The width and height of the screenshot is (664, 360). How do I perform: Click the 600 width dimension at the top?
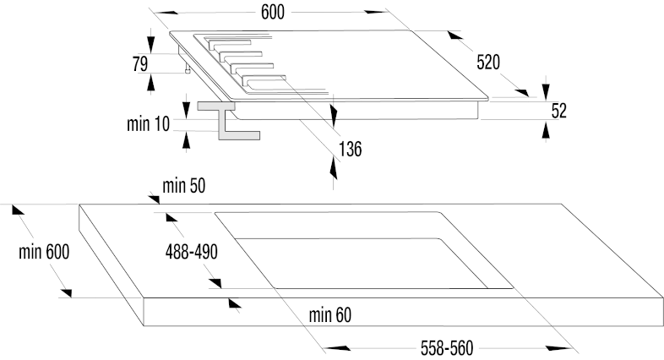click(x=273, y=12)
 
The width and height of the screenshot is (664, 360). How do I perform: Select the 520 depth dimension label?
click(x=488, y=62)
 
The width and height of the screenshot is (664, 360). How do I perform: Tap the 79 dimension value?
click(x=140, y=64)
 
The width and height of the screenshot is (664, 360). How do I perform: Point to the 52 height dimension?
click(x=559, y=111)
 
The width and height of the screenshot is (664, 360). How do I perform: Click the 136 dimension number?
click(x=351, y=149)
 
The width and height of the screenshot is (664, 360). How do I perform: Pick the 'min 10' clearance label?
click(x=148, y=123)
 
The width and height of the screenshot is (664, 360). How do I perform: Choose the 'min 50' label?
click(x=184, y=186)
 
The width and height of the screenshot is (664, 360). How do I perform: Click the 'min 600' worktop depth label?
click(x=44, y=252)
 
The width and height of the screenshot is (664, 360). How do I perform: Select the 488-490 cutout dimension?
click(x=192, y=252)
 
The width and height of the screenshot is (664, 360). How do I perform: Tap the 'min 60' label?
click(x=329, y=314)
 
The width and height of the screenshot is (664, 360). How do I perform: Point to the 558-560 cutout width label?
click(x=447, y=348)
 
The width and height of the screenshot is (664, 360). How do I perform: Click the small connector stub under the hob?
click(x=188, y=69)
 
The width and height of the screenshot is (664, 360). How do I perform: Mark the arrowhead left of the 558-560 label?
click(x=337, y=348)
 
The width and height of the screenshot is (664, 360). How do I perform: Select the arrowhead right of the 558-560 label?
click(x=559, y=348)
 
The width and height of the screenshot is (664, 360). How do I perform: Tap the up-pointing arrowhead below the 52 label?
click(x=546, y=129)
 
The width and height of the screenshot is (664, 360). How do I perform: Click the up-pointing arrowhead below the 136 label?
click(x=334, y=169)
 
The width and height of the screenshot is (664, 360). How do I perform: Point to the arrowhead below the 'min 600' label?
click(x=66, y=292)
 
